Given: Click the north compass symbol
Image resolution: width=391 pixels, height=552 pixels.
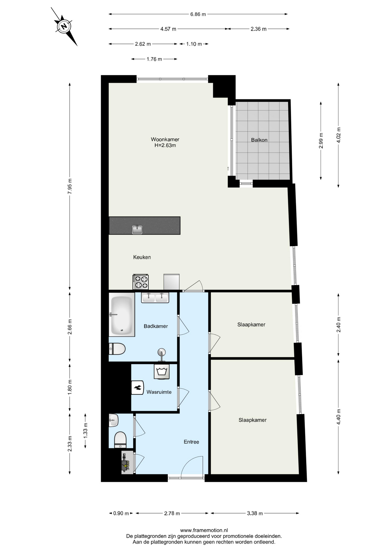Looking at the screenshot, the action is click(x=64, y=26).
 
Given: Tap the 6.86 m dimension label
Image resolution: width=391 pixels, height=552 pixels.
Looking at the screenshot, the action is click(x=198, y=14).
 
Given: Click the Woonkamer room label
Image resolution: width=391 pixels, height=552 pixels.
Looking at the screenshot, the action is click(x=165, y=139).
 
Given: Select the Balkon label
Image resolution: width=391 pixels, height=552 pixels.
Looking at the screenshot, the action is click(x=259, y=140).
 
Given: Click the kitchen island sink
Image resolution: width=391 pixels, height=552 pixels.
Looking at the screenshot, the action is click(x=137, y=229).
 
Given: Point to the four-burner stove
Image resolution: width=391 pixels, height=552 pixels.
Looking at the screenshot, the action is click(x=141, y=282).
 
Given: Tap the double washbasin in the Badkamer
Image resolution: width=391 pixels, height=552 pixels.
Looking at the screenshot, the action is click(x=155, y=298).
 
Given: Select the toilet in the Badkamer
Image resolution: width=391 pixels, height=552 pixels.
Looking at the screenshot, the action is click(x=117, y=349).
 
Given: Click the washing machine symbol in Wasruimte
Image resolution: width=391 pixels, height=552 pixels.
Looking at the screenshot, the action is click(x=162, y=371).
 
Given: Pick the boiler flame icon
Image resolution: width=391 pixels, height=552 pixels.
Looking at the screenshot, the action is click(x=138, y=388).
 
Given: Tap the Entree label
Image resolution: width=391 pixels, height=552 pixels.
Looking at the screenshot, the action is click(x=191, y=442).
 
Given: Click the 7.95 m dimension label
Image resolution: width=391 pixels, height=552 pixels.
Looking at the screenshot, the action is click(x=70, y=186).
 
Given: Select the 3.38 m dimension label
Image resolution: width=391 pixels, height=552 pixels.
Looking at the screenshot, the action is click(x=255, y=513).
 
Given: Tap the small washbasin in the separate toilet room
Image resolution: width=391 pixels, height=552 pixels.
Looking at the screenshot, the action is click(x=113, y=420).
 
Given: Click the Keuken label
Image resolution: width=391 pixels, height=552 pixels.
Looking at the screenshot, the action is click(x=142, y=257).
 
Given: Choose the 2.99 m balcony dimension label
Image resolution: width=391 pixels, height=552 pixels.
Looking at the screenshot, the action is click(x=321, y=141).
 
